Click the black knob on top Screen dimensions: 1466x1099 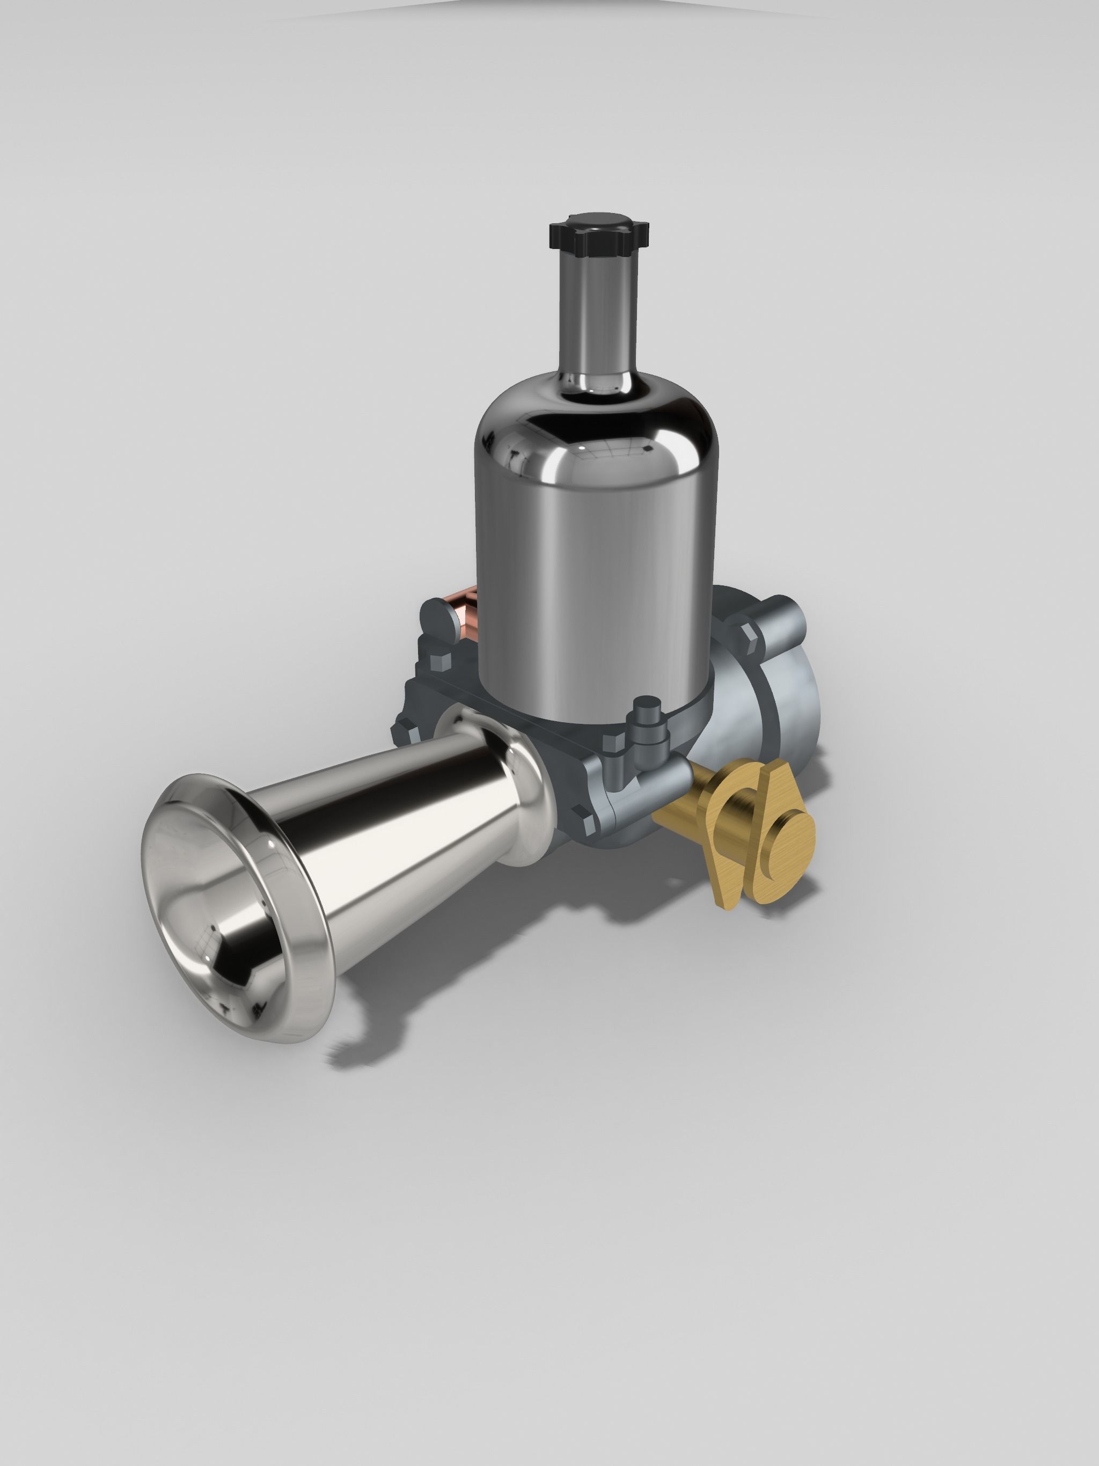[598, 235]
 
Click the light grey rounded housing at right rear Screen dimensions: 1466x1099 [792, 702]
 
